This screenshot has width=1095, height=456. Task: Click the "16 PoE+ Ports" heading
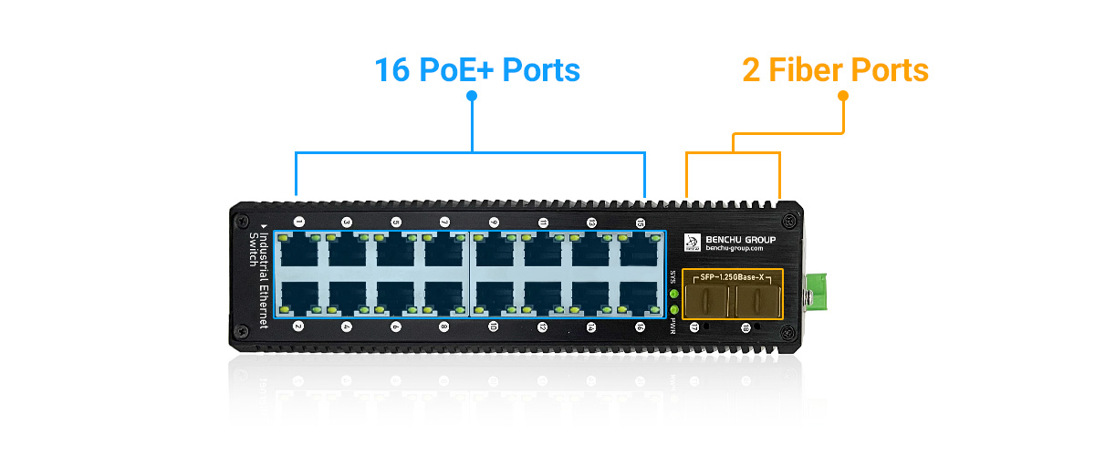click(x=476, y=70)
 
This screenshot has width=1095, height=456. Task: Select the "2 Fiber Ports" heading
click(x=835, y=70)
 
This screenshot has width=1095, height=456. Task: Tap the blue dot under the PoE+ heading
click(x=472, y=95)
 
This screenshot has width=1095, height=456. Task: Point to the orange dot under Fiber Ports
click(x=843, y=95)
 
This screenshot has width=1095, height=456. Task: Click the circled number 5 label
click(x=396, y=222)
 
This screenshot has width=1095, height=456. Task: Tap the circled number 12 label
click(x=542, y=326)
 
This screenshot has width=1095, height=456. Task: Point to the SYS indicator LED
click(x=674, y=293)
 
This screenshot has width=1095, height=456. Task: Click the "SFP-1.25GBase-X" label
click(x=733, y=276)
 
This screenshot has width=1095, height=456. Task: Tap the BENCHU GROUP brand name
click(x=740, y=240)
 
